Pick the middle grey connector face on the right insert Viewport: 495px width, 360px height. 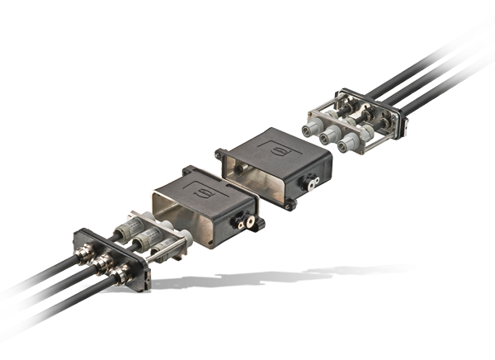[331, 136]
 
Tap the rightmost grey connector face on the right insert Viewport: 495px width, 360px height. [347, 146]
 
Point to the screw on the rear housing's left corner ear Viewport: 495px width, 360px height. [218, 153]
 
